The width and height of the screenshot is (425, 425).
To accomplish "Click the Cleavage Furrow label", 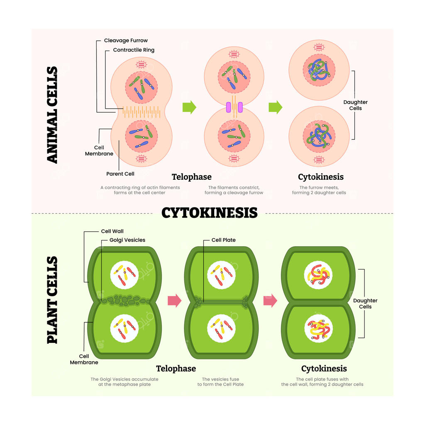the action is pos(126,40).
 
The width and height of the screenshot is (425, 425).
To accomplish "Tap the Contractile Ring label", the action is pos(134,50).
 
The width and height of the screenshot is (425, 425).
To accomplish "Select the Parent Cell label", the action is pos(120,174).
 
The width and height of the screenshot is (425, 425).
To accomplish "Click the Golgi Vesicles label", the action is pos(127,240).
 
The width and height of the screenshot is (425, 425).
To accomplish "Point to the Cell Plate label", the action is pos(223,240).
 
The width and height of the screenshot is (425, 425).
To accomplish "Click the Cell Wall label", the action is pos(112,231).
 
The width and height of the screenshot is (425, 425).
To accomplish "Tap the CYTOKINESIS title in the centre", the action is pos(210,213).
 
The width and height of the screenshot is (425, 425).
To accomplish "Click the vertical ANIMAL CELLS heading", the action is pos(52,115).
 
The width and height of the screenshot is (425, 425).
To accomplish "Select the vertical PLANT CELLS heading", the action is pos(52,300).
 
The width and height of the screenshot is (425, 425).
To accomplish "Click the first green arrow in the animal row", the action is pos(189,107).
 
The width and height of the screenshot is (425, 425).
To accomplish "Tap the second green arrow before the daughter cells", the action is pos(276,107).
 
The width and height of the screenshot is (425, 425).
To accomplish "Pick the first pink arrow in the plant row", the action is pos(175,300).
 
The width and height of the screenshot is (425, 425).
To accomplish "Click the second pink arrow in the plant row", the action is pos(270,300).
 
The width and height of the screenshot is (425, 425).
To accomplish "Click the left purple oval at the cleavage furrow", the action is pos(229,107).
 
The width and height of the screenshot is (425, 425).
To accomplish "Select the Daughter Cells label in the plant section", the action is pos(365,303).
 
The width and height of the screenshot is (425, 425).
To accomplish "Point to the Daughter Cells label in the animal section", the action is pos(355,105).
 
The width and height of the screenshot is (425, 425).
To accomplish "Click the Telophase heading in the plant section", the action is pos(176,369).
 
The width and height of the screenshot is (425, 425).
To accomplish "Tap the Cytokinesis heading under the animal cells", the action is pos(321,177).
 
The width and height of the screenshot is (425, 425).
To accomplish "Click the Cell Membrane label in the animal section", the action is pos(99,151).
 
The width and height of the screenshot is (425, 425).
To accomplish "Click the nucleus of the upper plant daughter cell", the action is pos(318,275).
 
